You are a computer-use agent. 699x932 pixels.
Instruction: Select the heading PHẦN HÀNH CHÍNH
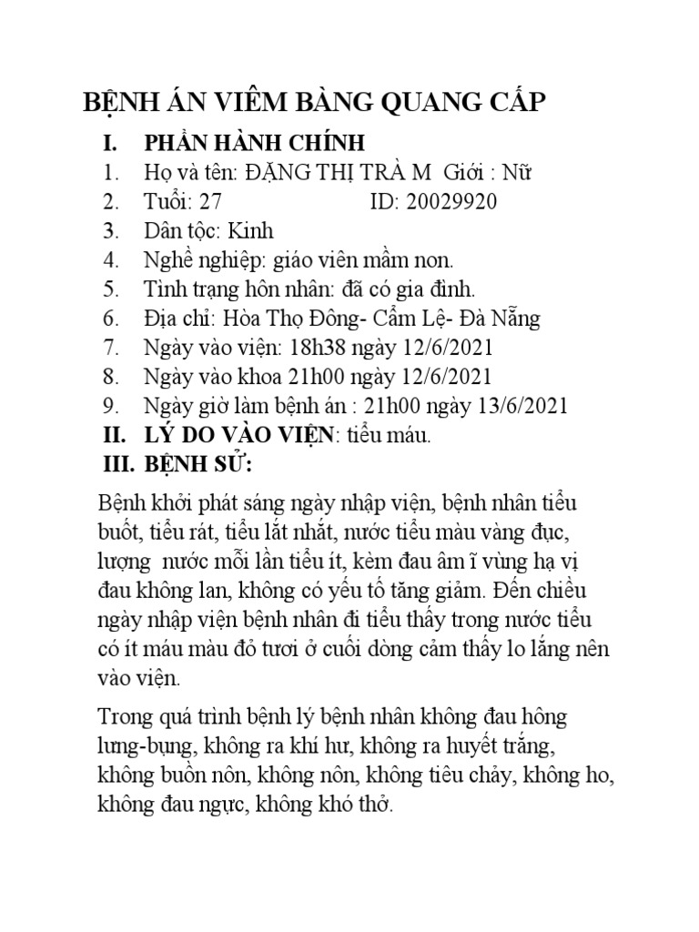(254, 144)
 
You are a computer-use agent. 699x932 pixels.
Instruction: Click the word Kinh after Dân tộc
(250, 231)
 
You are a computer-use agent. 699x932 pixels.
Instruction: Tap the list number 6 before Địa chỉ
(112, 319)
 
